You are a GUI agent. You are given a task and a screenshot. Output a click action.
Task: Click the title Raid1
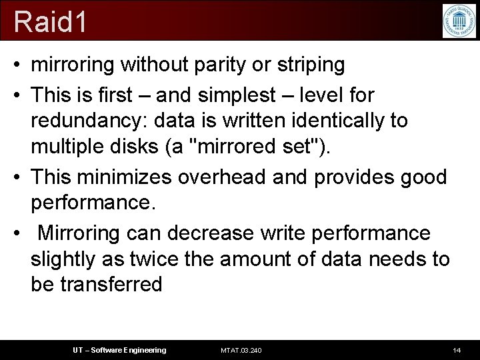(51, 21)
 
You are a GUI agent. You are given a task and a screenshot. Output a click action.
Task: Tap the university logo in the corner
(459, 21)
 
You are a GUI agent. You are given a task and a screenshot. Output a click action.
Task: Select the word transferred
(111, 284)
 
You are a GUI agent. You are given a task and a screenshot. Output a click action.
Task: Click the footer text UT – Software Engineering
(119, 350)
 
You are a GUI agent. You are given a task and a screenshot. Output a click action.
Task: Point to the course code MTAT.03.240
(241, 350)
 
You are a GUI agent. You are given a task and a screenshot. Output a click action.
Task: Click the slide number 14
(457, 350)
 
